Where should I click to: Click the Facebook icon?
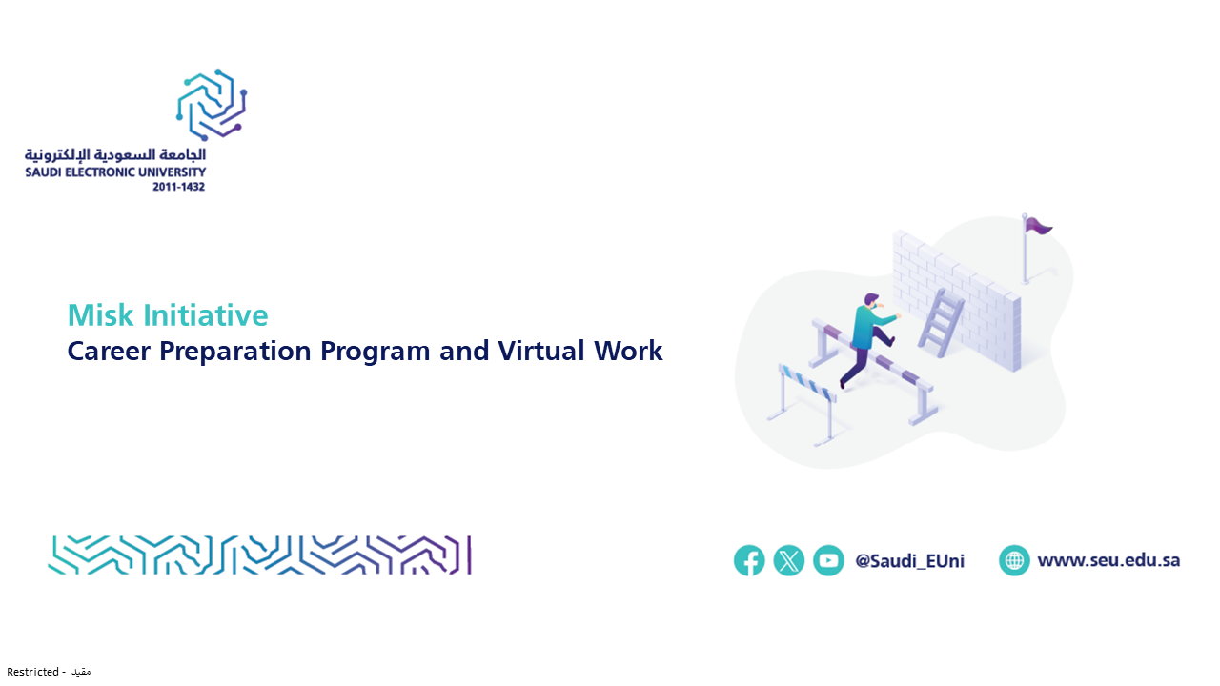point(749,560)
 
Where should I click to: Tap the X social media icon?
point(788,560)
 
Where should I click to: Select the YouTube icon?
point(828,560)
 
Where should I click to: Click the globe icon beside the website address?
point(1014,560)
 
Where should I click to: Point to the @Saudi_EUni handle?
point(909,561)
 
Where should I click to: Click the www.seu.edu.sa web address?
point(1108,560)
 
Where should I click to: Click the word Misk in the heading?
point(100,314)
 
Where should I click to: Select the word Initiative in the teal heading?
point(206,314)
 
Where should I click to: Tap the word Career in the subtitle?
point(109,351)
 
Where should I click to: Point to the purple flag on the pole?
point(1039,226)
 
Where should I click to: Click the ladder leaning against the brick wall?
point(941,323)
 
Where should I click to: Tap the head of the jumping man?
point(872,301)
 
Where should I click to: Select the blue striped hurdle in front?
point(803,404)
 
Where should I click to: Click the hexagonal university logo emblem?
point(212,105)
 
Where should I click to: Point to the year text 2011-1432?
point(178,187)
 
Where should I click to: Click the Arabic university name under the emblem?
point(115,154)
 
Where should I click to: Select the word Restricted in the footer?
point(32,672)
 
